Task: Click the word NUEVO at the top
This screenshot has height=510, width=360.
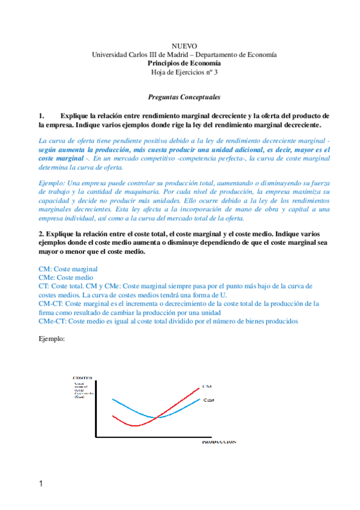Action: (184, 46)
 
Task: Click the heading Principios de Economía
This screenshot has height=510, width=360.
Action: (184, 63)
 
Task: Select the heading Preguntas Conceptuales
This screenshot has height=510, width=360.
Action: (184, 96)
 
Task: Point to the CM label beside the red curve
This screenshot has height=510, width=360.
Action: (207, 386)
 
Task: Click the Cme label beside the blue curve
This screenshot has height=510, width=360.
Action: (209, 400)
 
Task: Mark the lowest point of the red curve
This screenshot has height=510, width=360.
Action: (136, 425)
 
